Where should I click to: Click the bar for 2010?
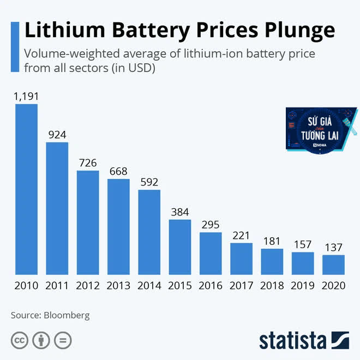(26, 189)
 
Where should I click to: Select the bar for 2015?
(179, 247)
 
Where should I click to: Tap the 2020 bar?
(333, 265)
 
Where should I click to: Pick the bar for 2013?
(118, 226)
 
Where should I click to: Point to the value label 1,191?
(26, 97)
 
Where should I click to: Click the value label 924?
(57, 135)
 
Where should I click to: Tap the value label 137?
(333, 247)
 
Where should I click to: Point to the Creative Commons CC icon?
(20, 340)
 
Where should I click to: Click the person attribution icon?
(41, 340)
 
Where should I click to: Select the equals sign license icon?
(63, 340)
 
